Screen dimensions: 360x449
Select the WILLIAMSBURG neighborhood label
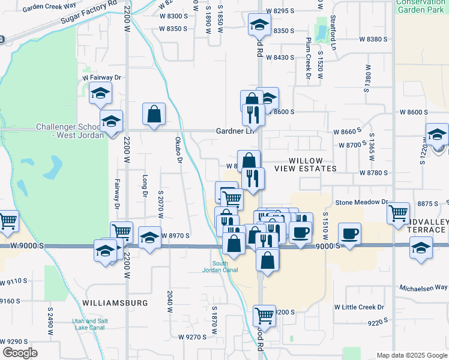[x=115, y=303]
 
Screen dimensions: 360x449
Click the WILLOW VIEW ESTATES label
[x=306, y=165]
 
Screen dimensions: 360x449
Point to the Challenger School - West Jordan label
[x=70, y=131]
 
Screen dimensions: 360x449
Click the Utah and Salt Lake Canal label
[x=89, y=325]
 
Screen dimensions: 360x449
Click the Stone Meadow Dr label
[x=362, y=203]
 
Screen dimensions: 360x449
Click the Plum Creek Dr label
[x=307, y=62]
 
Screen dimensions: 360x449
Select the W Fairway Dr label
[x=102, y=78]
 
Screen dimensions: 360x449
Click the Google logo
[x=20, y=352]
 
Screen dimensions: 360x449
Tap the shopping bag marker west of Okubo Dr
[x=154, y=114]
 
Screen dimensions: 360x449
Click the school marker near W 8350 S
[x=260, y=25]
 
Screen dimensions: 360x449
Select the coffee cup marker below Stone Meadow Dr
[x=349, y=233]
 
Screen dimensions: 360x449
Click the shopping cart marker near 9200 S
[x=264, y=316]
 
